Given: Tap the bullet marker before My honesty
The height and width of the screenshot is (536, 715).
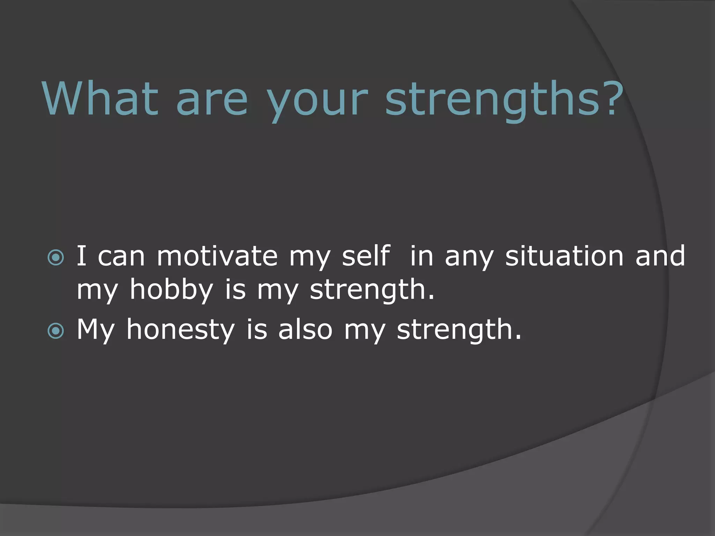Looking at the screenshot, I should click(56, 331).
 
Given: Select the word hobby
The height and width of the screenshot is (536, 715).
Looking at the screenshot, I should click(171, 290).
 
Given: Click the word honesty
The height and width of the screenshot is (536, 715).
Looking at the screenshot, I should click(180, 330).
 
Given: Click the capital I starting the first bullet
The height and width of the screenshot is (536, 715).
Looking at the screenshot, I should click(81, 256).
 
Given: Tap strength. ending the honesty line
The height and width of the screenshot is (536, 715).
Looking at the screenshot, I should click(459, 330).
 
